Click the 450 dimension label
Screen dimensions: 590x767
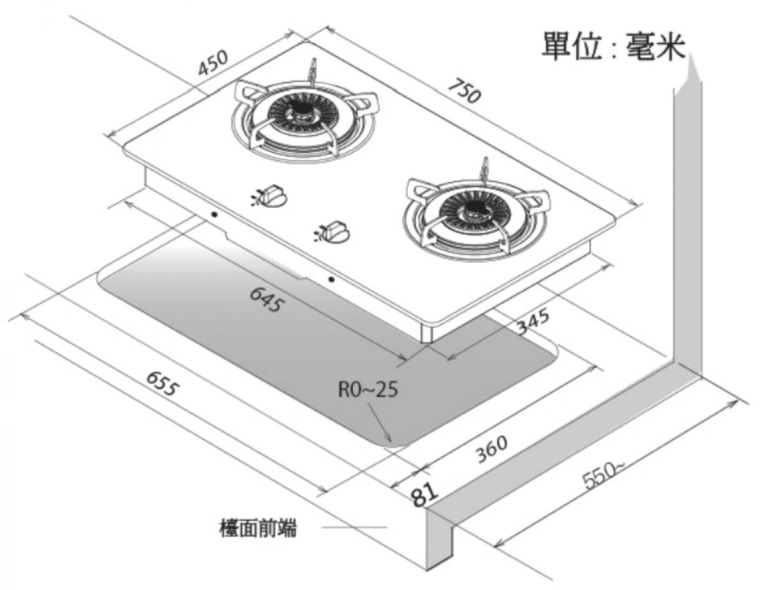point(213,63)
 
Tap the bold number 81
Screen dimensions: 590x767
point(424,494)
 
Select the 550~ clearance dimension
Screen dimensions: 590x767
point(601,474)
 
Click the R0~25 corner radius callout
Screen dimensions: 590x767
point(368,389)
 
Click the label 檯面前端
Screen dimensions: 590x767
point(258,528)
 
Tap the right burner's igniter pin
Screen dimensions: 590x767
point(486,167)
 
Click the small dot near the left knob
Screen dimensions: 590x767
point(214,214)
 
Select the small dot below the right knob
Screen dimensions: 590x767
point(330,279)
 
